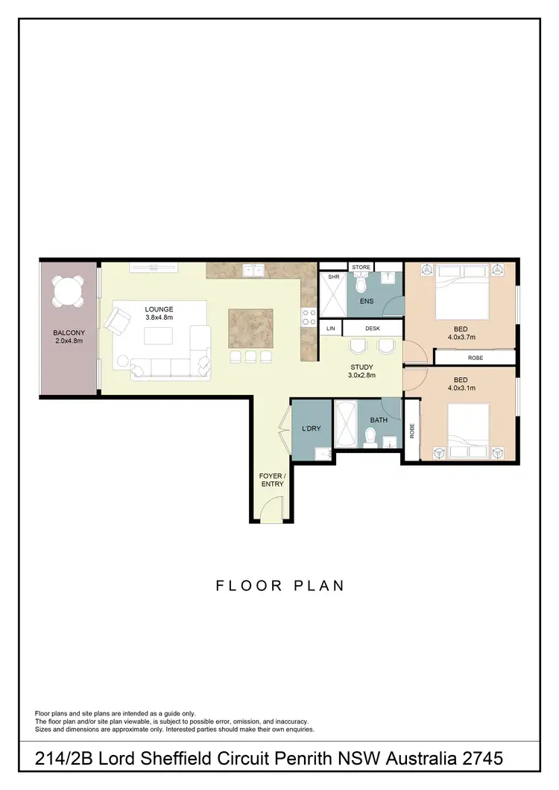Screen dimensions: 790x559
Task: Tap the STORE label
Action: click(361, 267)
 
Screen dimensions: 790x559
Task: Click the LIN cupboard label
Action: click(330, 328)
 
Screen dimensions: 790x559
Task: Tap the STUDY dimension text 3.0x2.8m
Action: click(363, 376)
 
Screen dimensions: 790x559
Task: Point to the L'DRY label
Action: click(310, 429)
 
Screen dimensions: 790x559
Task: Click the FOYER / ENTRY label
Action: click(271, 480)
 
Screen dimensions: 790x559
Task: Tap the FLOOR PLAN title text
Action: click(280, 586)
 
